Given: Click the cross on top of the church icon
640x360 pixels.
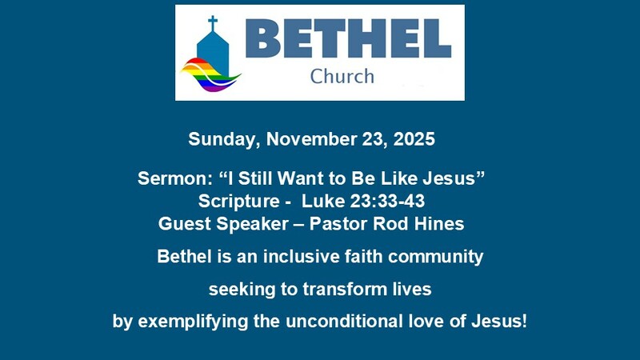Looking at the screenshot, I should tap(213, 22).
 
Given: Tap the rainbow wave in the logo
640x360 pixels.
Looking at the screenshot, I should tap(210, 76).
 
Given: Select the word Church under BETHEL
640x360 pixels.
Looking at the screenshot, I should tap(342, 77).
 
